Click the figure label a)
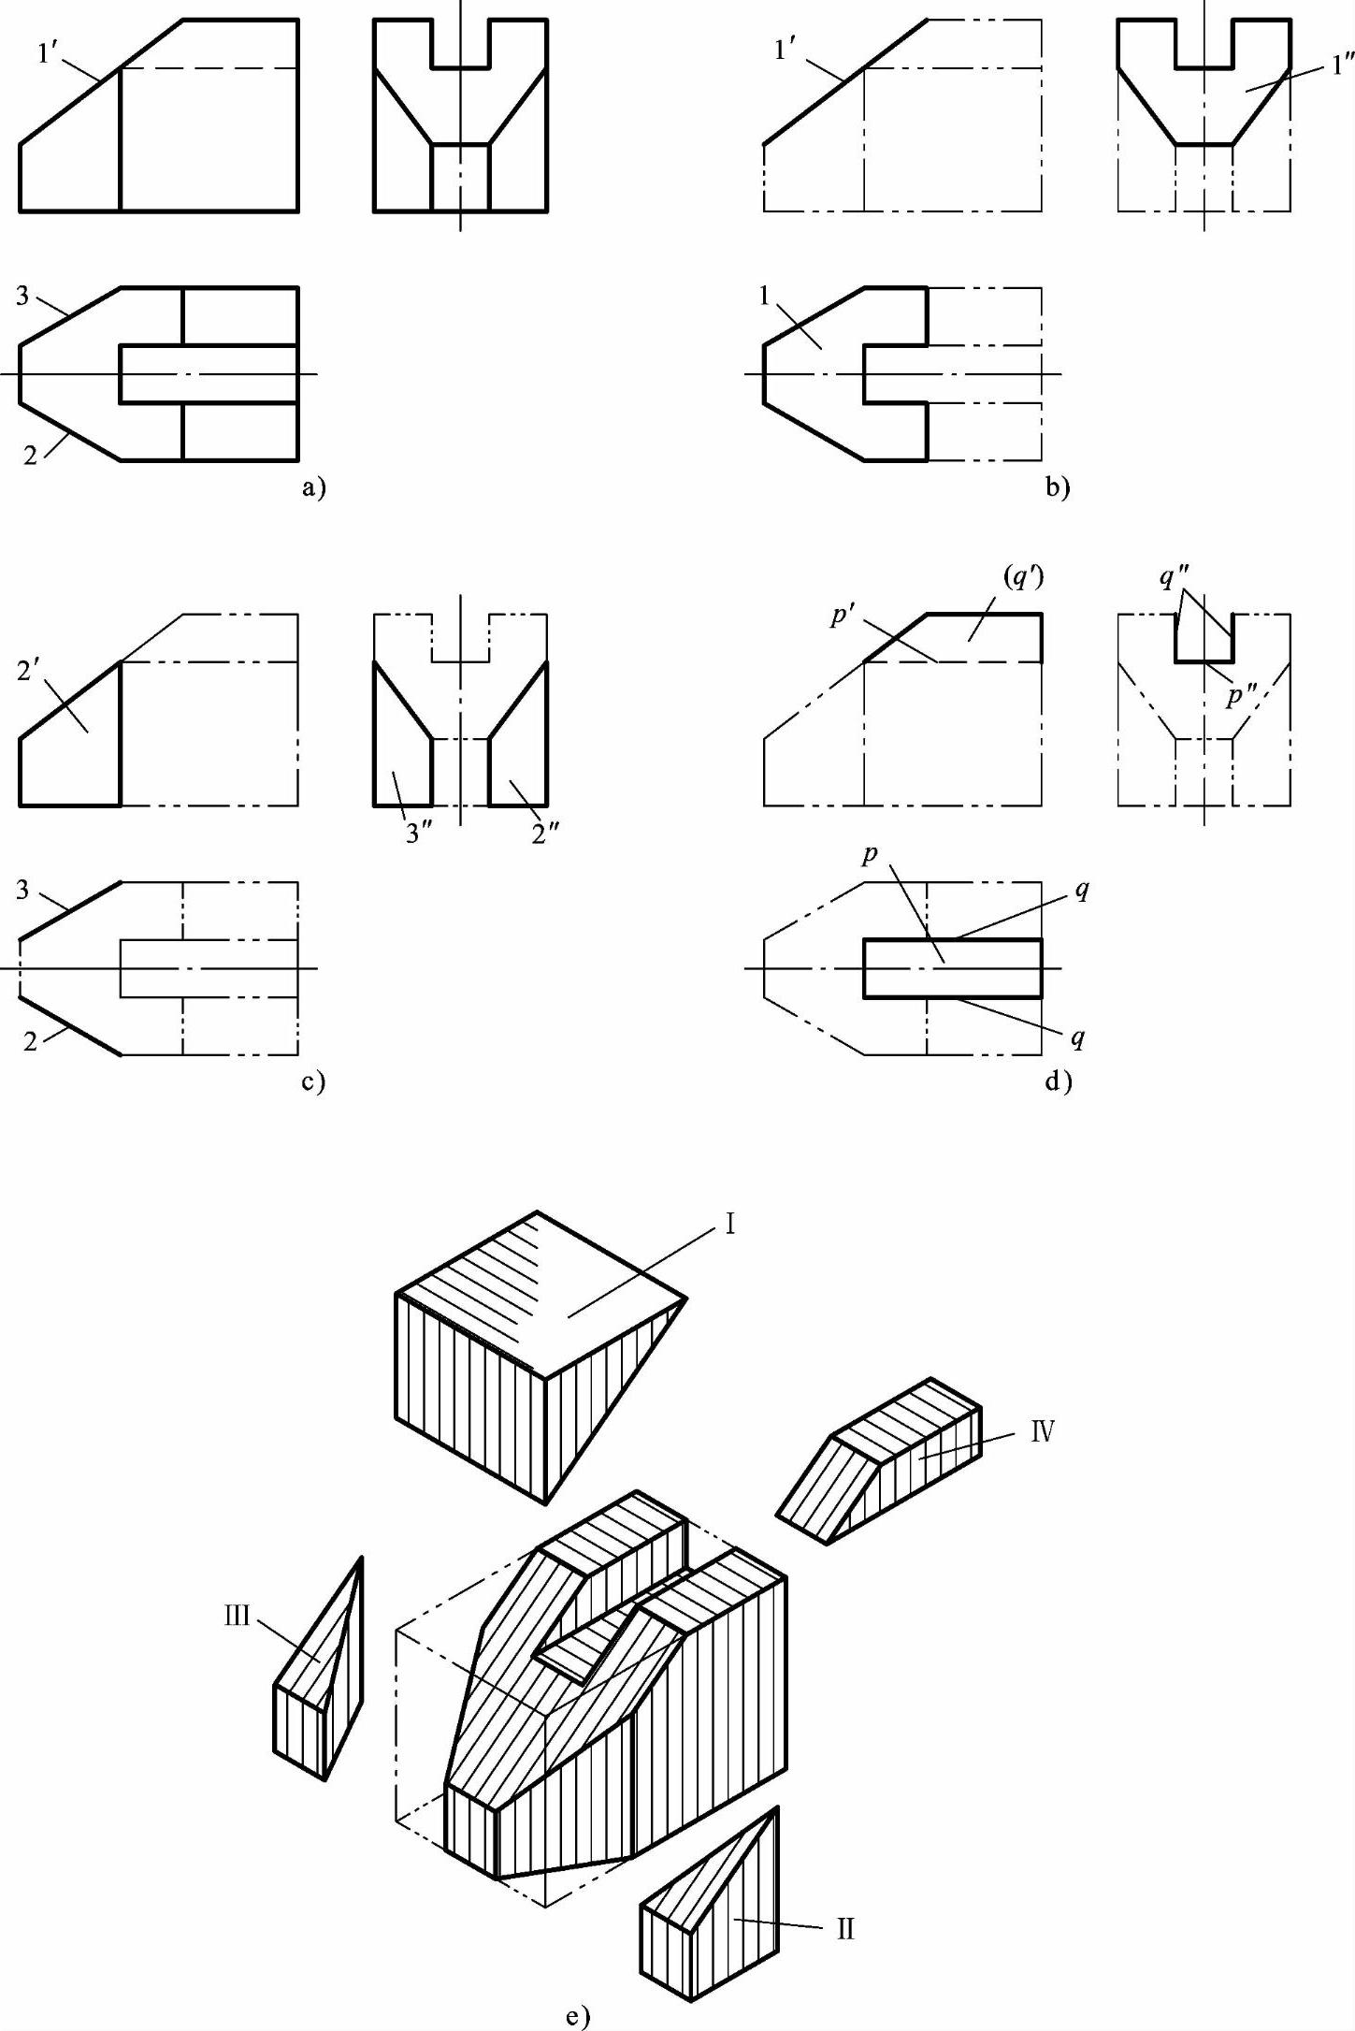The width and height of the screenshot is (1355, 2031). [313, 487]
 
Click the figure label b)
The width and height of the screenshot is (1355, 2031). [1058, 487]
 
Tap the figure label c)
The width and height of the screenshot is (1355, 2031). [313, 1082]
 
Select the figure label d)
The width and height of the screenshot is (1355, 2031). [1059, 1082]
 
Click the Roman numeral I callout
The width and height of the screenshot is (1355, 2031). [730, 1224]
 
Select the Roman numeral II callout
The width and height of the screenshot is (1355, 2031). [845, 1929]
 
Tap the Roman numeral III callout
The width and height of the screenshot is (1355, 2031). [238, 1616]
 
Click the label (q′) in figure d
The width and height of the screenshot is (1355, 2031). [1024, 578]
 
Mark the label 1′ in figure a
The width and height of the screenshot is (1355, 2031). [49, 53]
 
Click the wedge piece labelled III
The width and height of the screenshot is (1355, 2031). [319, 1669]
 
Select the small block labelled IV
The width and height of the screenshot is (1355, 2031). [879, 1460]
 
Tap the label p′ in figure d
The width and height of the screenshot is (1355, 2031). [843, 617]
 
